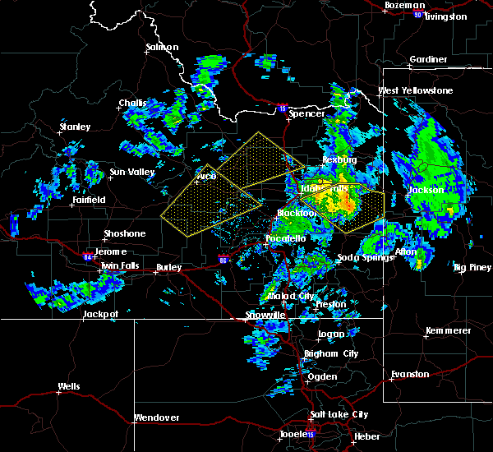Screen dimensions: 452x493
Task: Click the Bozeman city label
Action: click(x=404, y=6)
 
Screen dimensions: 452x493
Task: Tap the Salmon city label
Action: click(x=162, y=47)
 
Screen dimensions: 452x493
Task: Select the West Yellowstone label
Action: click(x=415, y=90)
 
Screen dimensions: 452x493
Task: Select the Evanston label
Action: click(x=410, y=374)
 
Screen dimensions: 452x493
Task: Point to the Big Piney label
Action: click(x=472, y=267)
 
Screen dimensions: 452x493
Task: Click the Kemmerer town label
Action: click(x=449, y=330)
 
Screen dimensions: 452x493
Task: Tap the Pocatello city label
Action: click(x=285, y=238)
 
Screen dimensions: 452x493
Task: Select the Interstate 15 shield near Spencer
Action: click(x=282, y=108)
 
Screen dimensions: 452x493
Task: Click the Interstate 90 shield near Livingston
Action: click(x=417, y=15)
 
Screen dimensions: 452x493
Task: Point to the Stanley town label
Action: click(x=74, y=127)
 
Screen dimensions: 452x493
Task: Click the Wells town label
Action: click(x=69, y=386)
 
